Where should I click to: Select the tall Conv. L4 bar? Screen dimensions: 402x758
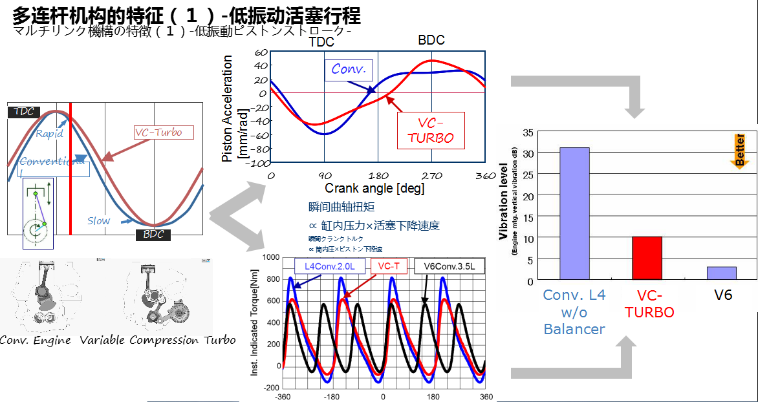click(x=574, y=213)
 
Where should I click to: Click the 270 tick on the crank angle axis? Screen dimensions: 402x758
click(x=431, y=176)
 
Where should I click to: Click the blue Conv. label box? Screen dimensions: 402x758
click(x=349, y=69)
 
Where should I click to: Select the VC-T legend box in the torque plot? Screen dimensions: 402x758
click(x=389, y=266)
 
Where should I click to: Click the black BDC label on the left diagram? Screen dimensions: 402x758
click(x=153, y=234)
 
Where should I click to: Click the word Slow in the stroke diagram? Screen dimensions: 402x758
click(x=98, y=220)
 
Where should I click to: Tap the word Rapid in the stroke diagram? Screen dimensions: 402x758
click(x=49, y=134)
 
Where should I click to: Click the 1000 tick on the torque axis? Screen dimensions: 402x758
click(x=269, y=257)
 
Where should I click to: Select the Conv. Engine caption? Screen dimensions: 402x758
click(x=36, y=341)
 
